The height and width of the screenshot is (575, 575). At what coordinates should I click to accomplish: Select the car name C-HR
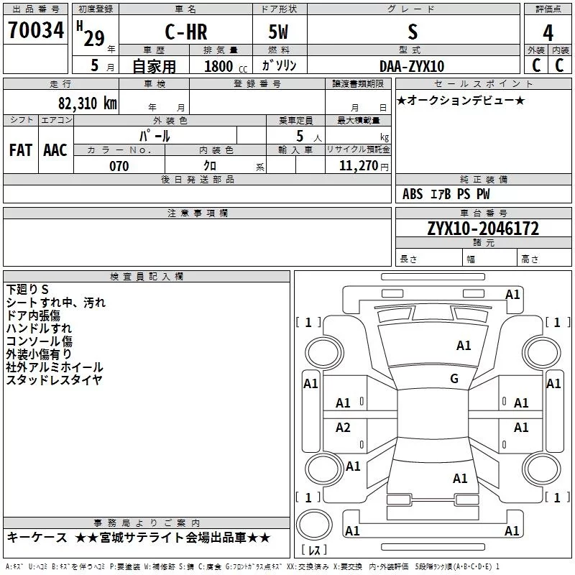tap(185, 32)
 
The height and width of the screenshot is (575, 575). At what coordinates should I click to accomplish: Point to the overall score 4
tap(548, 33)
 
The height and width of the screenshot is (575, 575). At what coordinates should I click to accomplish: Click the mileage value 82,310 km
tap(87, 103)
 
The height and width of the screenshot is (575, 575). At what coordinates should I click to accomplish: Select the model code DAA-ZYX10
tap(412, 66)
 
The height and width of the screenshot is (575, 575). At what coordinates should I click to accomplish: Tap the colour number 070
tap(119, 166)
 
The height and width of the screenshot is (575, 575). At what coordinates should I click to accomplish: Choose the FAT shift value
tap(21, 149)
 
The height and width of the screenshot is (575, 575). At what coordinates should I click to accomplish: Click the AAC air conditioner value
tap(55, 149)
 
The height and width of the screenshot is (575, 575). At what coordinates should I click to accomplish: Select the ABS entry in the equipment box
tap(413, 194)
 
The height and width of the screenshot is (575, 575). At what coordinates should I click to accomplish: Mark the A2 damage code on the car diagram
tap(344, 428)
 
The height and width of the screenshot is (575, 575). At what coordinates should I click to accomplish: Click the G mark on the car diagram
tap(454, 379)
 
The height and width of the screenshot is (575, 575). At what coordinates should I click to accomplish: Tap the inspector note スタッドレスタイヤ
tap(55, 380)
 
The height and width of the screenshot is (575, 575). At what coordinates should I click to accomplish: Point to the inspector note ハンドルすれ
tap(39, 328)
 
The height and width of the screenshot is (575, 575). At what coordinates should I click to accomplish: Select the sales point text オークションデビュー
tap(461, 100)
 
